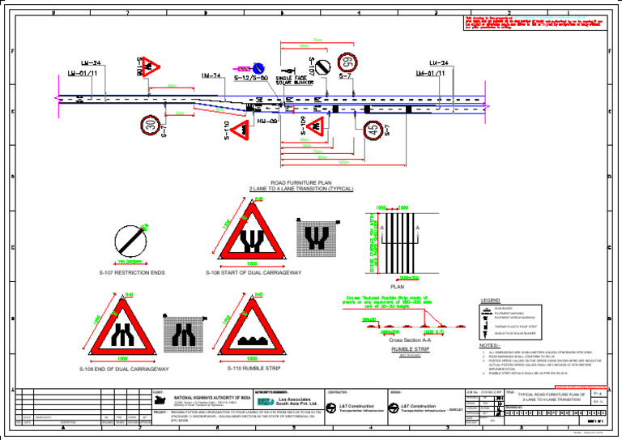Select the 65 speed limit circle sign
pos(346,62)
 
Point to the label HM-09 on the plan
pos(267,119)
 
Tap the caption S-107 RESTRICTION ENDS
pos(131,273)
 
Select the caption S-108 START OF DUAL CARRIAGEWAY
pos(252,273)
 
